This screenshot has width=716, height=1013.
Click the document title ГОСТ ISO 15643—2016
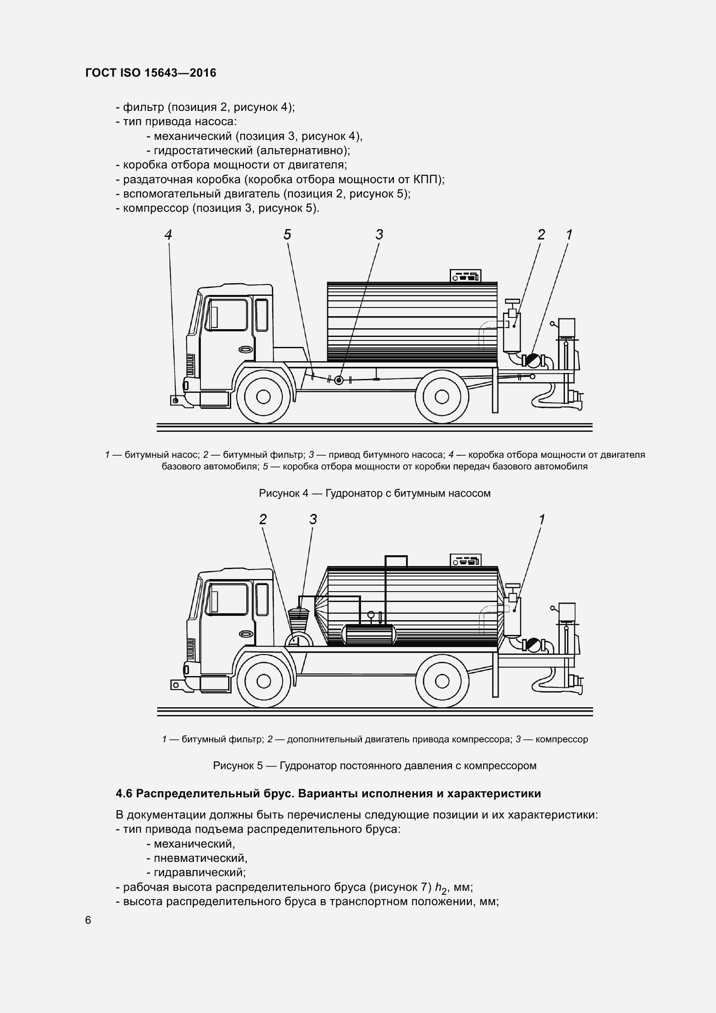coord(151,73)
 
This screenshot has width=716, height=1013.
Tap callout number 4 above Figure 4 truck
coord(168,234)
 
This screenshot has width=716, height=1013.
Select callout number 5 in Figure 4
coord(287,234)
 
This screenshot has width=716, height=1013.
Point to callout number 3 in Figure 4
coord(379,234)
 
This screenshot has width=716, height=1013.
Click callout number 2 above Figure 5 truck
coord(263,519)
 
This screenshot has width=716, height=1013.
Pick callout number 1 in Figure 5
coord(542,519)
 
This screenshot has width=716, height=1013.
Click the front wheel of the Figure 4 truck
coord(263,397)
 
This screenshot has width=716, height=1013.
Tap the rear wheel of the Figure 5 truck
coord(442,681)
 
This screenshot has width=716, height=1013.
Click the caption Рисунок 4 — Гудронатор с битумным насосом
coord(374,493)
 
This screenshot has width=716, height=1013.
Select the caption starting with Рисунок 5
coord(374,765)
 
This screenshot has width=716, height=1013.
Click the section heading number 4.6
coord(124,794)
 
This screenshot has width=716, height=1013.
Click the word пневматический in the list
coord(200,858)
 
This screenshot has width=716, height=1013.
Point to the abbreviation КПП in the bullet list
coord(427,180)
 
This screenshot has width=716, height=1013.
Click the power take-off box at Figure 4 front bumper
coord(175,400)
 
